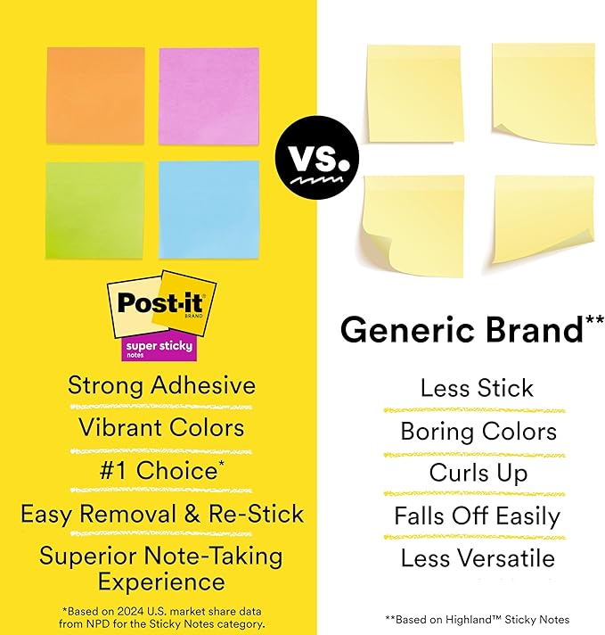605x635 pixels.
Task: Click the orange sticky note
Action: tap(95, 95)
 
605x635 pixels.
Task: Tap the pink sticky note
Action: tap(208, 95)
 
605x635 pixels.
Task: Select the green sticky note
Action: tap(95, 210)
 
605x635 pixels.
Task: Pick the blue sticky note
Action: tap(208, 210)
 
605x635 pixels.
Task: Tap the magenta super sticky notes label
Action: tap(159, 348)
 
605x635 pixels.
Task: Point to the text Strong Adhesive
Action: tap(161, 386)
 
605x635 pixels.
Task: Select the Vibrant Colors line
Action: tap(161, 428)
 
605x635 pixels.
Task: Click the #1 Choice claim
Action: tap(161, 470)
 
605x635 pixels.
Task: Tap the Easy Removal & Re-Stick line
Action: tap(161, 514)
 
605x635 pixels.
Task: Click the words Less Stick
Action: tap(477, 388)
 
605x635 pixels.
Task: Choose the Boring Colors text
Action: tap(478, 432)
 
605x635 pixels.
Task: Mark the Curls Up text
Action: tap(478, 473)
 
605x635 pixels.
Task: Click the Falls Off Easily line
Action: tap(478, 516)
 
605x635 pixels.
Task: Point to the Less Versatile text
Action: tap(478, 559)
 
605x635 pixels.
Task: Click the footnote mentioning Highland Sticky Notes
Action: tap(478, 619)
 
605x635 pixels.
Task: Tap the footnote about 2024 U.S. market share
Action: tap(163, 617)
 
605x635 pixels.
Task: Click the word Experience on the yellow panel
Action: tap(161, 582)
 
